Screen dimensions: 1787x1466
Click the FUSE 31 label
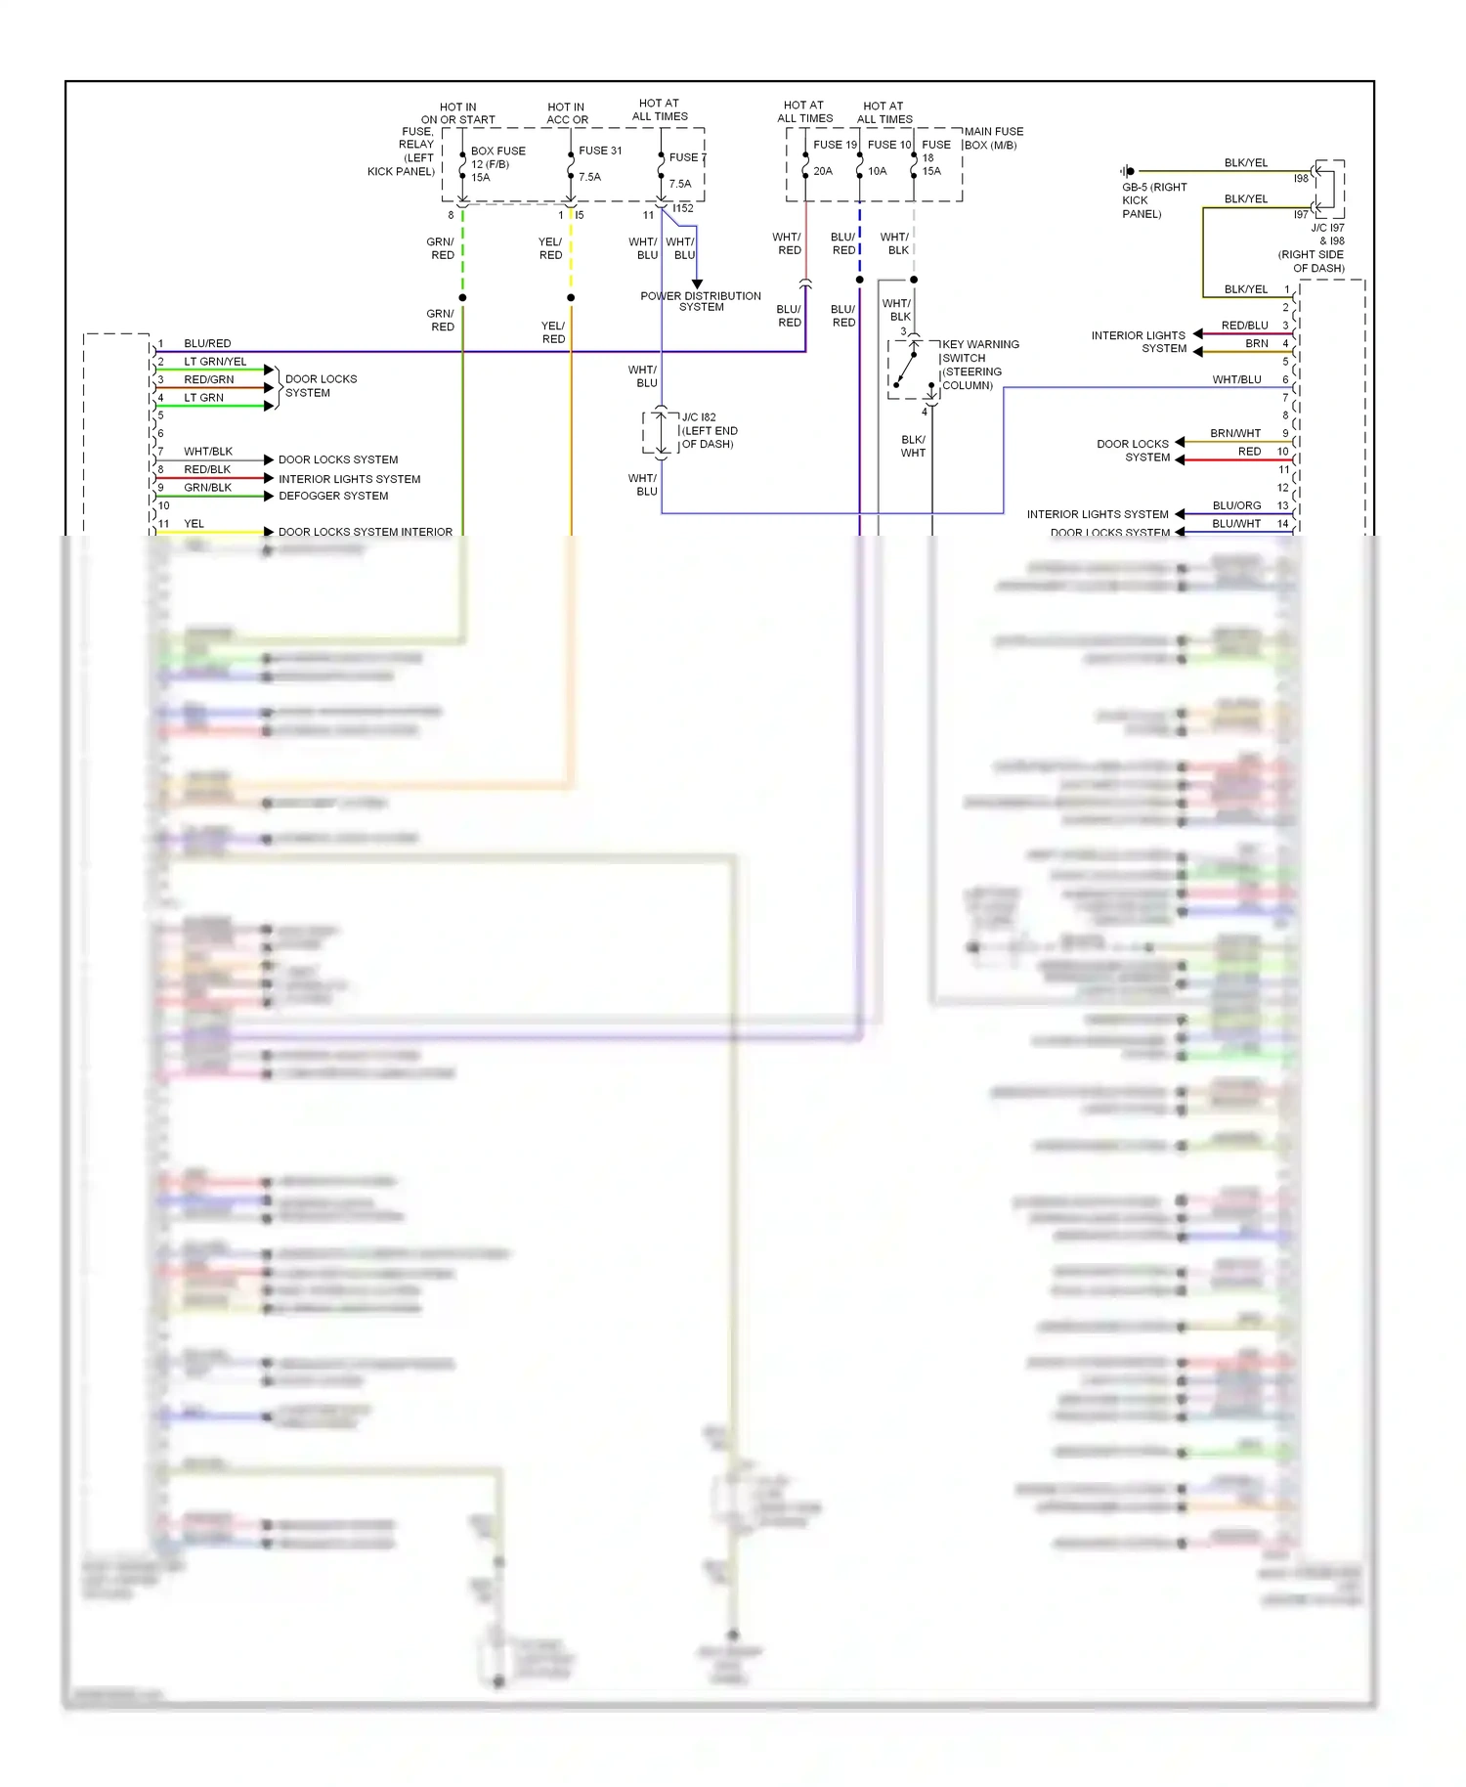[599, 151]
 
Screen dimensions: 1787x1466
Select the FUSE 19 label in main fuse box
[834, 145]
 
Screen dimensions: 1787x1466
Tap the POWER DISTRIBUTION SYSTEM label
[700, 301]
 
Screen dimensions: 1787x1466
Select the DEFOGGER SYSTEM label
[333, 496]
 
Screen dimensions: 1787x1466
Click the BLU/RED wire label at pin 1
[207, 343]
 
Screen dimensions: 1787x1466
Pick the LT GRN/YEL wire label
[215, 362]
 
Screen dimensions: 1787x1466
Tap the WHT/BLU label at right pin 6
[1236, 379]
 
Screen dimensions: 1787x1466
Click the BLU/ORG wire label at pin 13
[1235, 505]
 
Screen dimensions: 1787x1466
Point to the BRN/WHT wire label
[1234, 433]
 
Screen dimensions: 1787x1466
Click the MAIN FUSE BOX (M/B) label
[993, 138]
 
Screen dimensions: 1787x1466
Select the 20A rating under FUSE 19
[822, 171]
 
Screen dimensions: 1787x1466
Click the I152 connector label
[682, 208]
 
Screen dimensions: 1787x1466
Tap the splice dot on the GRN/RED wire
[462, 297]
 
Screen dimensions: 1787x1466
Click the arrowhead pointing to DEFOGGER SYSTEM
[269, 496]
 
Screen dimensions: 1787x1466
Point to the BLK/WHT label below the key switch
[913, 446]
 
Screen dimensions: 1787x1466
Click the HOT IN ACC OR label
[566, 113]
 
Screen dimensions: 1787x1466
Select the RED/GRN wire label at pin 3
[208, 379]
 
